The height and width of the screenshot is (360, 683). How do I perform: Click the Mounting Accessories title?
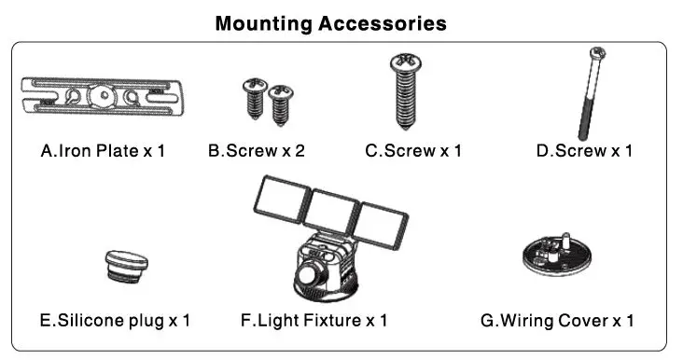[330, 22]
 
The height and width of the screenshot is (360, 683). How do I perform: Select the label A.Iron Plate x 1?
[104, 150]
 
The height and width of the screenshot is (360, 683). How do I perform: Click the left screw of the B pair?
[253, 95]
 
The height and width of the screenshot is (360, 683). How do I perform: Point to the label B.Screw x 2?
[257, 150]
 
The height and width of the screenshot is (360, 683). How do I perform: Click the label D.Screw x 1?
[584, 150]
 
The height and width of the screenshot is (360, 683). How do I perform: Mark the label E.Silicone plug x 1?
[115, 320]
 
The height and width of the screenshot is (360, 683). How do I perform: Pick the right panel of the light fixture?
[380, 223]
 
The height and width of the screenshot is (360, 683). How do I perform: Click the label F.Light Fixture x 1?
[314, 320]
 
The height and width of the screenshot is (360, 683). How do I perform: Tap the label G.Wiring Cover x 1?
[557, 320]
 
